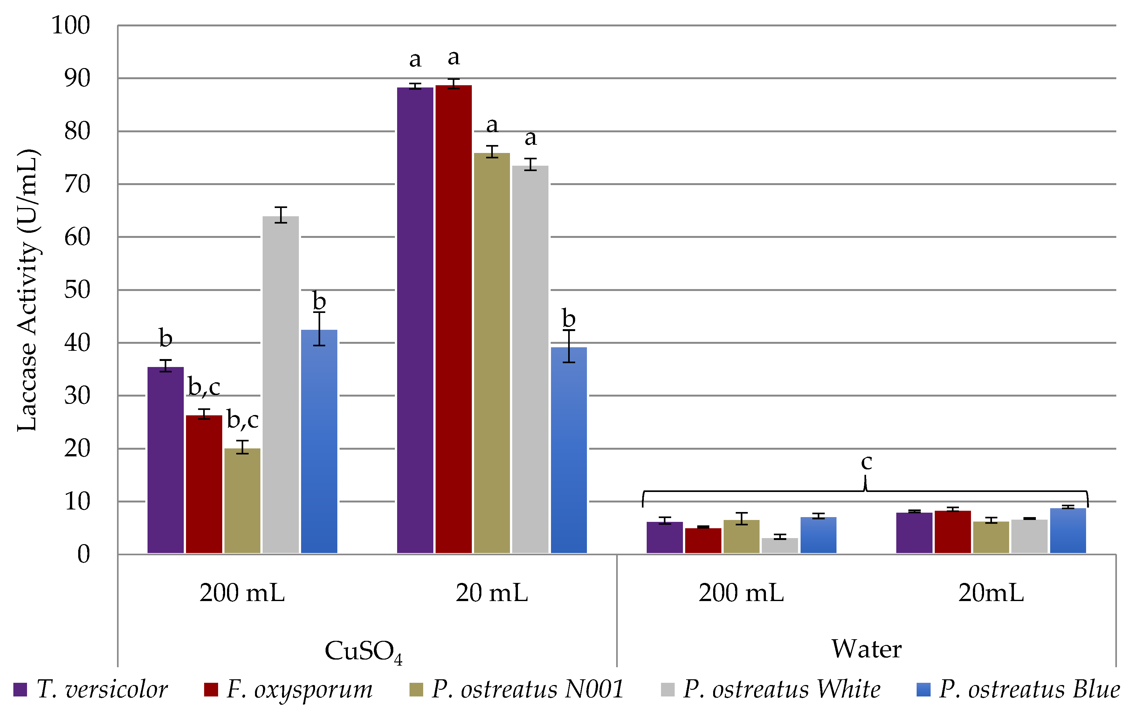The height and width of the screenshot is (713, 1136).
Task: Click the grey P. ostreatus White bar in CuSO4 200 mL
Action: tap(280, 384)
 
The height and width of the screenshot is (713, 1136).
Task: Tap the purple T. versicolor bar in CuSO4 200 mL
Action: tap(165, 460)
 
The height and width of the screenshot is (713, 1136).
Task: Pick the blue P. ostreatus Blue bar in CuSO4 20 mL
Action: tap(568, 450)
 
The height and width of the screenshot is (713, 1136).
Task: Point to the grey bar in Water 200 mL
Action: tap(780, 546)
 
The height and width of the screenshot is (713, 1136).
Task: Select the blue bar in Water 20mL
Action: tap(1068, 530)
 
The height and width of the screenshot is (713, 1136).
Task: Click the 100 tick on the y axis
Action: tap(71, 25)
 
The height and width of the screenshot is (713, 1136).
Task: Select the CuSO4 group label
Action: tap(363, 651)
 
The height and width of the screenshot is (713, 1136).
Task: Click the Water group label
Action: tap(866, 649)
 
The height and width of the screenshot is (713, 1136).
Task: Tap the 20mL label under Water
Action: tap(991, 593)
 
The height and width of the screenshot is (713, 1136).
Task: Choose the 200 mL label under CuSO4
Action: tap(242, 593)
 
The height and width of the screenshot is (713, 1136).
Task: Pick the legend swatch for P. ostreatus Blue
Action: tap(923, 689)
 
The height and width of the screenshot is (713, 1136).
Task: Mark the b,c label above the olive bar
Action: tap(242, 420)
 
